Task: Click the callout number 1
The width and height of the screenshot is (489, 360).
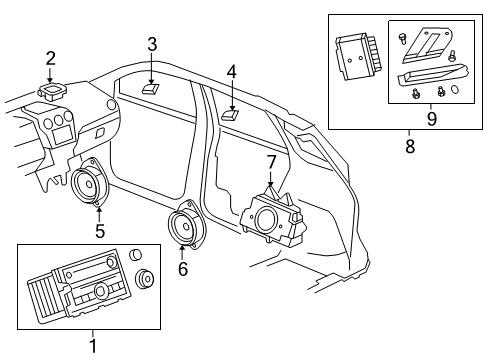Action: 93,346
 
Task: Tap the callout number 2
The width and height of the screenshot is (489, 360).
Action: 50,58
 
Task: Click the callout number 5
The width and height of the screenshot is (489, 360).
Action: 99,232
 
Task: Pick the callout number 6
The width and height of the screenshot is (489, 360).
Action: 182,268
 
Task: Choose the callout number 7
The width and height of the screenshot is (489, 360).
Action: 271,161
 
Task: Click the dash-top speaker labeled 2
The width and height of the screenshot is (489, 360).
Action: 52,91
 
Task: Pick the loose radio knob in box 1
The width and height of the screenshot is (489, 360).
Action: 146,280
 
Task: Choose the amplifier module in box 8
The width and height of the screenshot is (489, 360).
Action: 354,56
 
